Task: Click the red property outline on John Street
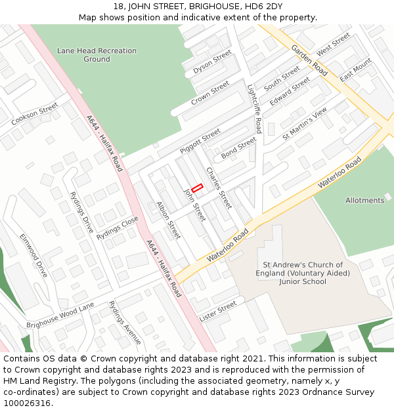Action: point(197,188)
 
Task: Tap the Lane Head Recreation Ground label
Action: point(97,55)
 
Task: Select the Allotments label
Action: point(364,200)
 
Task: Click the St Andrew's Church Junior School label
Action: point(302,274)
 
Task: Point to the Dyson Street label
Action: point(213,61)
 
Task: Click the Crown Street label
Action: point(210,93)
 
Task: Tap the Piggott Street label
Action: point(200,142)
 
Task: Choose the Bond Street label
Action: point(239,148)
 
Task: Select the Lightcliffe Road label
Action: point(255,108)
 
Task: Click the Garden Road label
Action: point(309,60)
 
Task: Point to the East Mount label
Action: point(356,70)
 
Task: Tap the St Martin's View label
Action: point(304,123)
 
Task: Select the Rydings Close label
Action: point(118,228)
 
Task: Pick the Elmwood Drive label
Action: point(33,255)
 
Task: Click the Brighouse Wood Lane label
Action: point(60,316)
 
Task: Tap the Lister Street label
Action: point(217,311)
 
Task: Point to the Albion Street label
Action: point(168,220)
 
